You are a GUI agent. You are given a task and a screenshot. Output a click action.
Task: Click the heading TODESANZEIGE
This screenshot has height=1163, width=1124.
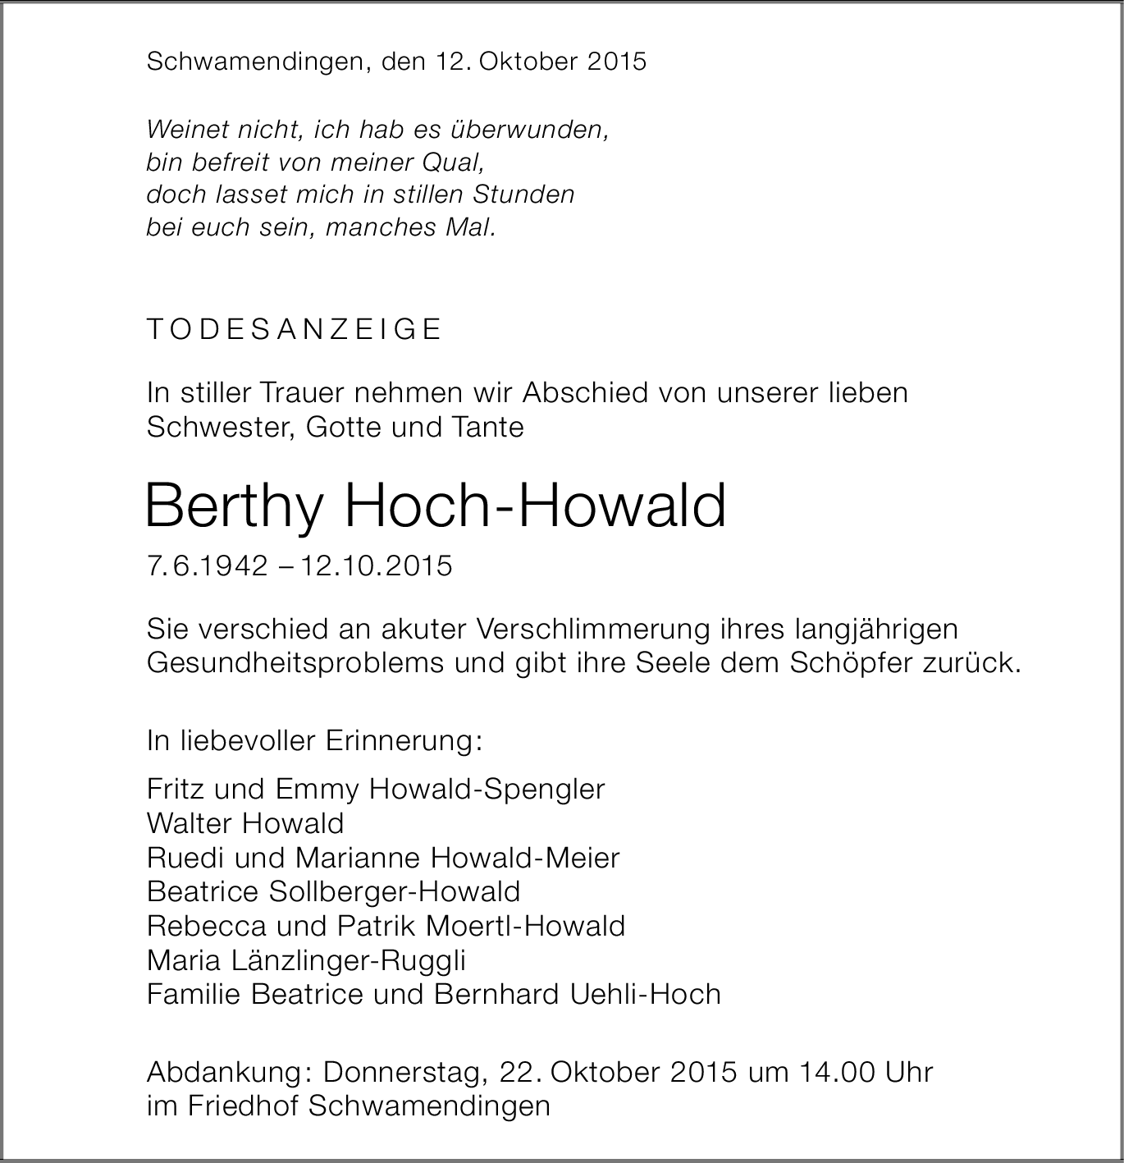point(294,329)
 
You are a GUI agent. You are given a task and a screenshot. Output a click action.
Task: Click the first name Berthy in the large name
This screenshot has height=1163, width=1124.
point(232,507)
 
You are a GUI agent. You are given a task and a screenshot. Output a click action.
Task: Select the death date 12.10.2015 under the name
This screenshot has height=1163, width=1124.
point(377,566)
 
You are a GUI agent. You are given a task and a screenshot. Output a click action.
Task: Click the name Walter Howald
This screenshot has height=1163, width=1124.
point(245,823)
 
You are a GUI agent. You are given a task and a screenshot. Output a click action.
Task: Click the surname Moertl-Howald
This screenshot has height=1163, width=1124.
point(525,926)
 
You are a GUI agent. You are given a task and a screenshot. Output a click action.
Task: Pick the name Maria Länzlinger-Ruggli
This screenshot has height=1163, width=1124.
point(306,960)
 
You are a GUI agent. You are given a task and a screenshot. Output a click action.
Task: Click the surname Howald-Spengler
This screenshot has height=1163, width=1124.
point(487,789)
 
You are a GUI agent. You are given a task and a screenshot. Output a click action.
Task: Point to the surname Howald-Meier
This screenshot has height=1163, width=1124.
point(525,858)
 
